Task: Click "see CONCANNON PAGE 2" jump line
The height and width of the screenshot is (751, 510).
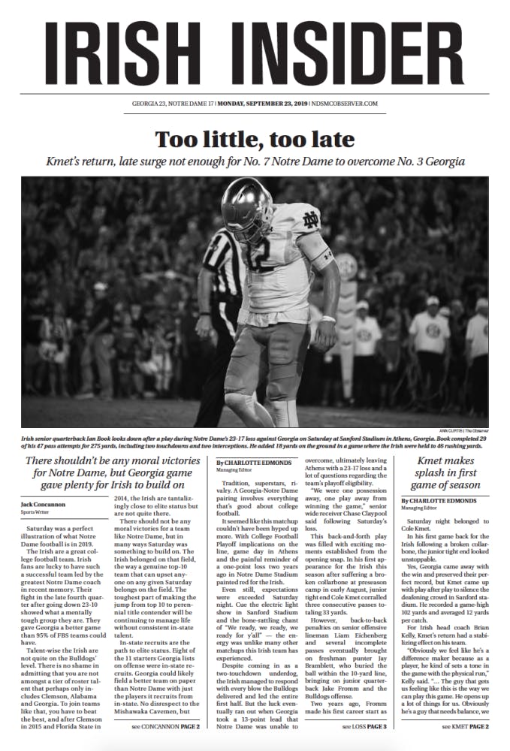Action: pos(166,727)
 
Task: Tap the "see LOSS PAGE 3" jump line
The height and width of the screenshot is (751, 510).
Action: pos(364,727)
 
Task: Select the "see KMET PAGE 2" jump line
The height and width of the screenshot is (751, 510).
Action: pos(465,727)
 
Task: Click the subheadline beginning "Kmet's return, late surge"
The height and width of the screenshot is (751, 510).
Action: pos(255,161)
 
